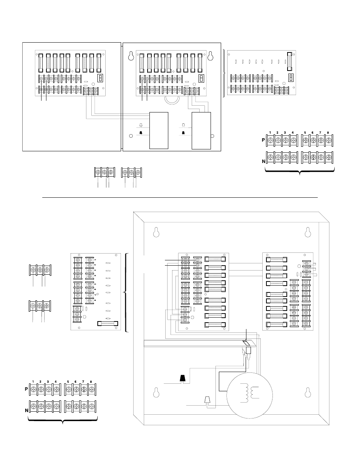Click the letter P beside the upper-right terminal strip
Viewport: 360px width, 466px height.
pos(263,140)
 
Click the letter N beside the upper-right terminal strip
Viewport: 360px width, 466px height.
pos(263,161)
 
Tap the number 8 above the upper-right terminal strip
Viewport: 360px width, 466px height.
pos(328,132)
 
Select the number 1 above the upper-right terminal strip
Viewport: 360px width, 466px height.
pos(270,132)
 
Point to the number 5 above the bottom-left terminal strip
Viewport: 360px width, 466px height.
pos(68,382)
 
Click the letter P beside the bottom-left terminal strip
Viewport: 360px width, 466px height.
pos(27,388)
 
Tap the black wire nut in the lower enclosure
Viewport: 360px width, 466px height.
pos(183,378)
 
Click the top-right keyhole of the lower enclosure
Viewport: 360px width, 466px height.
pos(308,232)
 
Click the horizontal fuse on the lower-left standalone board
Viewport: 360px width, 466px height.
pos(108,323)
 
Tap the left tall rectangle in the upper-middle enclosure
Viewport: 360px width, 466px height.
pos(158,130)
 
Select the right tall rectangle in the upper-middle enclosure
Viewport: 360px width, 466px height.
pos(201,130)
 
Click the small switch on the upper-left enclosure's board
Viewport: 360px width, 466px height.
pos(100,78)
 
